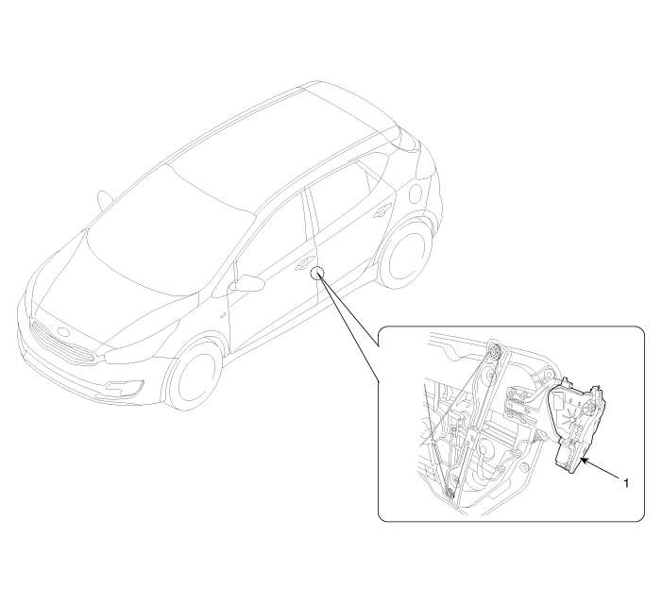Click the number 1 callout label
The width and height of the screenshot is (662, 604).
pos(626,483)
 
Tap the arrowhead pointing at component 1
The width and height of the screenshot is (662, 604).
pos(584,461)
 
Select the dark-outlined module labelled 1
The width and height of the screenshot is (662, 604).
pos(577,427)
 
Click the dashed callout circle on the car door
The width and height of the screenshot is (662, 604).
pos(316,274)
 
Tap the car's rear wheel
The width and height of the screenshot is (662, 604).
pos(404,253)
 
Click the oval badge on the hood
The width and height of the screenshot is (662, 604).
pos(63,331)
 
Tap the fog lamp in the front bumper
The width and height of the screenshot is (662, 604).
pos(124,388)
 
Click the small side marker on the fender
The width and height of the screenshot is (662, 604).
pos(223,314)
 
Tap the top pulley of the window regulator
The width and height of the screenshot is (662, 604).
pos(494,353)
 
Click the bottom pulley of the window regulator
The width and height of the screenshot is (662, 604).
pos(450,493)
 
